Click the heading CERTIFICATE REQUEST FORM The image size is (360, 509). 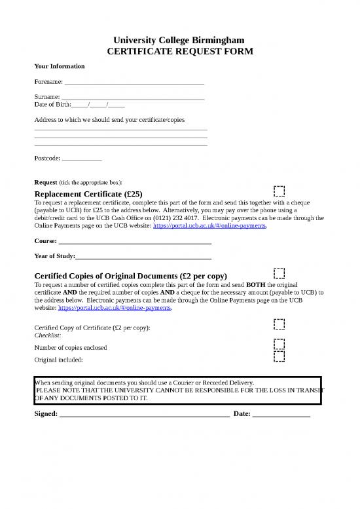(180, 52)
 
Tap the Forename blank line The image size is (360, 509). (134, 83)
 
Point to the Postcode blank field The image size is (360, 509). (82, 159)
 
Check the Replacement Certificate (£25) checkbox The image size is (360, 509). (279, 191)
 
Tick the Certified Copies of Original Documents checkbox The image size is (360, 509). (279, 273)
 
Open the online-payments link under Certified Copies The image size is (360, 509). (115, 307)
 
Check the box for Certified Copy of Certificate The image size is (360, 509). (279, 324)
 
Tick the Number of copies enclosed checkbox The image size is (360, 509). (279, 344)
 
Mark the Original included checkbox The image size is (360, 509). (279, 356)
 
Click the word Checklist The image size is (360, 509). (47, 334)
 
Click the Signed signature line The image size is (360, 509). (144, 415)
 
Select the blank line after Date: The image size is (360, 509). (281, 415)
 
